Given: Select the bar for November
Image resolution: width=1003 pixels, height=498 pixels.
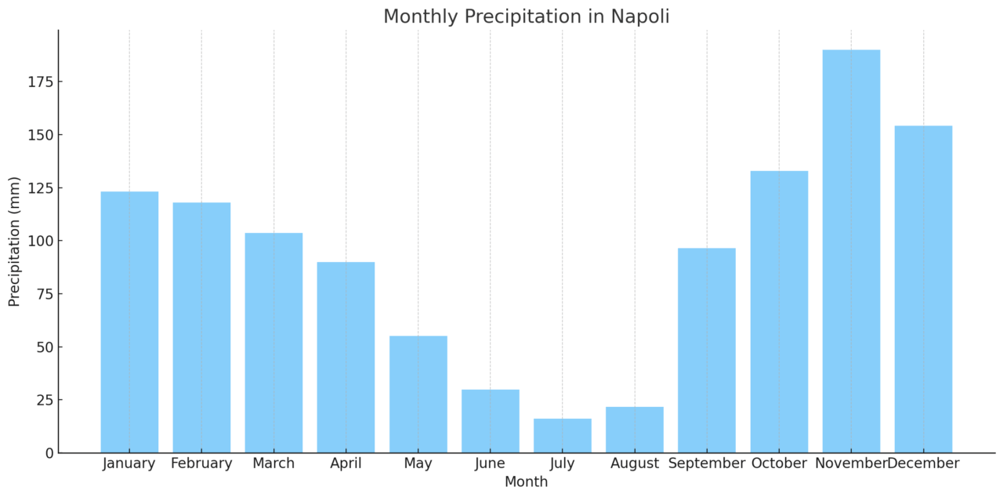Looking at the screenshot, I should tap(850, 251).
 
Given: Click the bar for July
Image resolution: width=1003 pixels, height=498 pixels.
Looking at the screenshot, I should tap(562, 436).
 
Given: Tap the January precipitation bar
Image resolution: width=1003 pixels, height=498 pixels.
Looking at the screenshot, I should tap(129, 322).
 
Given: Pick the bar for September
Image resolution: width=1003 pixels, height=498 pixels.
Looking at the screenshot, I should tap(706, 350).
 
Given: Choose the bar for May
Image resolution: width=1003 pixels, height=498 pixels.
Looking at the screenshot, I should tap(418, 394).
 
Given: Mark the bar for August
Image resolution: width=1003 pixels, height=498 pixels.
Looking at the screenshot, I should tap(634, 430).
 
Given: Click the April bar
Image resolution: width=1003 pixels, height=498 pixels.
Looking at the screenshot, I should tap(346, 357).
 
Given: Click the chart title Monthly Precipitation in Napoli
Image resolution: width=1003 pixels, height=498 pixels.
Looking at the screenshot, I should tap(526, 16).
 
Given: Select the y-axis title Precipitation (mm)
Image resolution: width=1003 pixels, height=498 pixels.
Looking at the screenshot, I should tap(14, 242).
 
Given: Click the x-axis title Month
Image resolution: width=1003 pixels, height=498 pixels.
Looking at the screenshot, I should tap(526, 482).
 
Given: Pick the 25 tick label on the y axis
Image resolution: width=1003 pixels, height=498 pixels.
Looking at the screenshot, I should tap(44, 400).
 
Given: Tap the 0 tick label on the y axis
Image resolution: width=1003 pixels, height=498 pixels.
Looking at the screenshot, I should tap(49, 453).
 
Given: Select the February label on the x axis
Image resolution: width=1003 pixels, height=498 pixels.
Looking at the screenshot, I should tap(201, 463).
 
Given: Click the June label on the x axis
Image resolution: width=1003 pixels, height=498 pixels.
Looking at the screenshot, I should tap(490, 463).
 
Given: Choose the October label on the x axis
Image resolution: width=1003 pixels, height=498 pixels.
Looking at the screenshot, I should tap(778, 463).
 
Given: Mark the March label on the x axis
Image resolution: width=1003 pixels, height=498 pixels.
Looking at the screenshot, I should tap(273, 463).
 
